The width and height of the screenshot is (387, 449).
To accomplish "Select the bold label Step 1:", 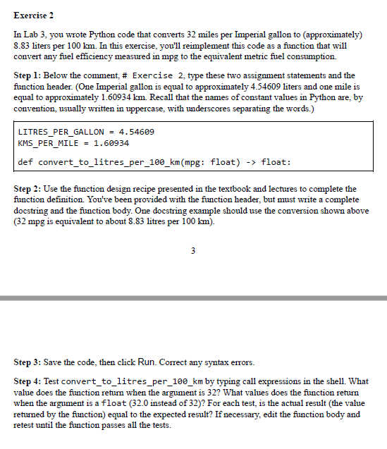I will coord(28,75).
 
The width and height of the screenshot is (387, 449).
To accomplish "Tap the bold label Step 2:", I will coord(28,189).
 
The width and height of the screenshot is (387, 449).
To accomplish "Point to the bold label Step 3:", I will coord(28,362).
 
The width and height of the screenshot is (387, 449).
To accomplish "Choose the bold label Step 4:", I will coord(28,381).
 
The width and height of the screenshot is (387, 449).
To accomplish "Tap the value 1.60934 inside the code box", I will coord(111,143).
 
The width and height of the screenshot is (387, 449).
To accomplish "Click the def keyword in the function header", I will coord(25,162).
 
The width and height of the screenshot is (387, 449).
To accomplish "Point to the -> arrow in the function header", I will coord(250,162).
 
